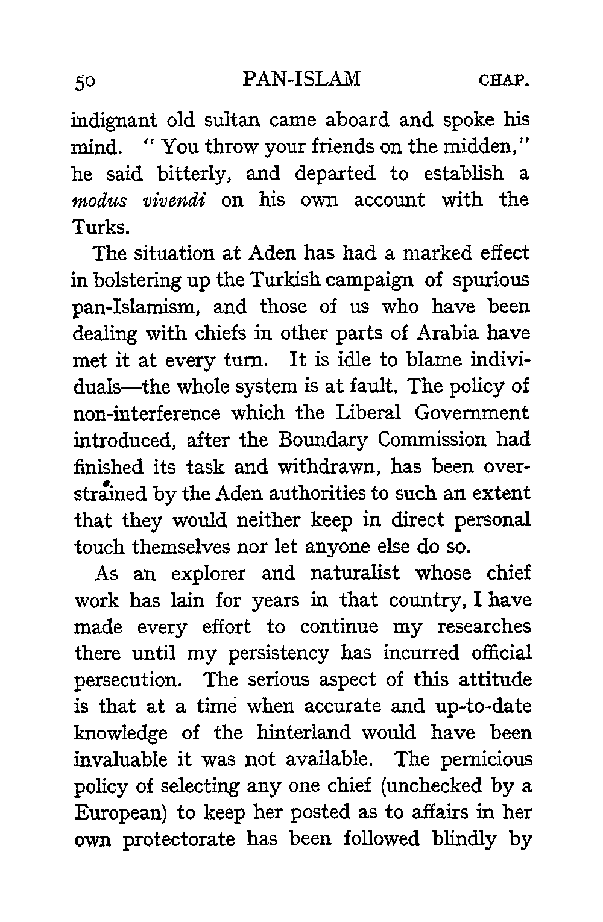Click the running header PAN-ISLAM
point(300,79)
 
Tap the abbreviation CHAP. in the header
point(504,80)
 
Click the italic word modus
point(102,201)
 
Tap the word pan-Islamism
point(137,308)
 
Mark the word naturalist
point(355,573)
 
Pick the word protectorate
point(178,839)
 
